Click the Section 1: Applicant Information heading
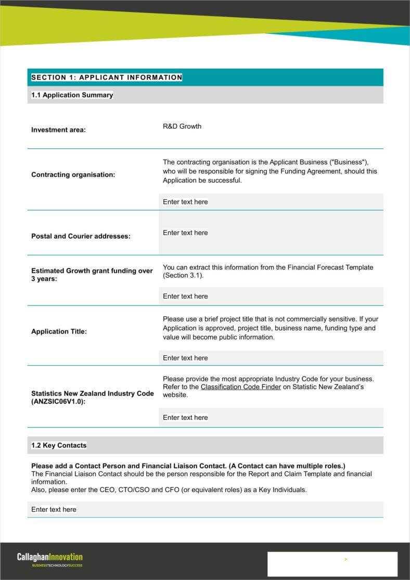point(107,78)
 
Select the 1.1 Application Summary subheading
point(72,95)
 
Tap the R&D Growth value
point(182,126)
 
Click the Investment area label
point(58,130)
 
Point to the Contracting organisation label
point(73,175)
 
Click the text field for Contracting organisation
point(271,202)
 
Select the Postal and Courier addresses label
point(81,236)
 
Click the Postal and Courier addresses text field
point(271,233)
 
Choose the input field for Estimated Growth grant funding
point(271,297)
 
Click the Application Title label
point(59,331)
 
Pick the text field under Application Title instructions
point(271,358)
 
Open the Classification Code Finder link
point(241,387)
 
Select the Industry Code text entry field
point(271,418)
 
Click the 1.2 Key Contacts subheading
point(59,445)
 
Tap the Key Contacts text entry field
point(205,509)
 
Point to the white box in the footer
point(332,564)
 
